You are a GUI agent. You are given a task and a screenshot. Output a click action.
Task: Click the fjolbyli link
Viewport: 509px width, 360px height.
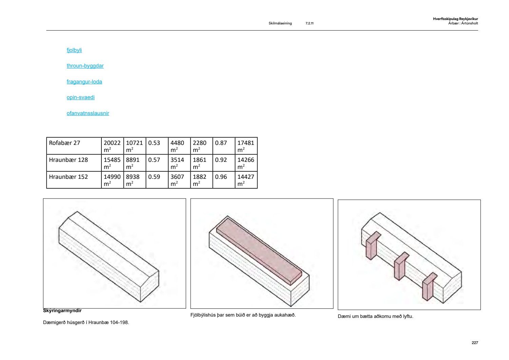click(74, 50)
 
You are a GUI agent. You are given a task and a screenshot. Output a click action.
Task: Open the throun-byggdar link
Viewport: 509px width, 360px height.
click(85, 66)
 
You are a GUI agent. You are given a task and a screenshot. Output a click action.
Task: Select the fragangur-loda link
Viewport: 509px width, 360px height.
click(84, 82)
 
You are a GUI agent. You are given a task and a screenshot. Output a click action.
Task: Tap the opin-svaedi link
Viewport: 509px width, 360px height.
click(80, 97)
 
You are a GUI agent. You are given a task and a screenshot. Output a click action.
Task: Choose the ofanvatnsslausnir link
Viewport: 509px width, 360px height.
click(88, 113)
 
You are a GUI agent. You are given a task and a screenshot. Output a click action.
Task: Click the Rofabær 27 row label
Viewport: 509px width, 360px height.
click(64, 143)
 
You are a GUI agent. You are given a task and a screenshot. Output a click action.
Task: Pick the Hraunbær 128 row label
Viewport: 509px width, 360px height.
click(69, 160)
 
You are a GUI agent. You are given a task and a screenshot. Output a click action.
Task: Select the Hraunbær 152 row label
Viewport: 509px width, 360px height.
click(69, 177)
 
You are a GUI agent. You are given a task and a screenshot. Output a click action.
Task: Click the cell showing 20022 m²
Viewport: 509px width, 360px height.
click(112, 146)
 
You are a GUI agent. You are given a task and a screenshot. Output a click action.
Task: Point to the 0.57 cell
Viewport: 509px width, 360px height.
click(157, 163)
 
